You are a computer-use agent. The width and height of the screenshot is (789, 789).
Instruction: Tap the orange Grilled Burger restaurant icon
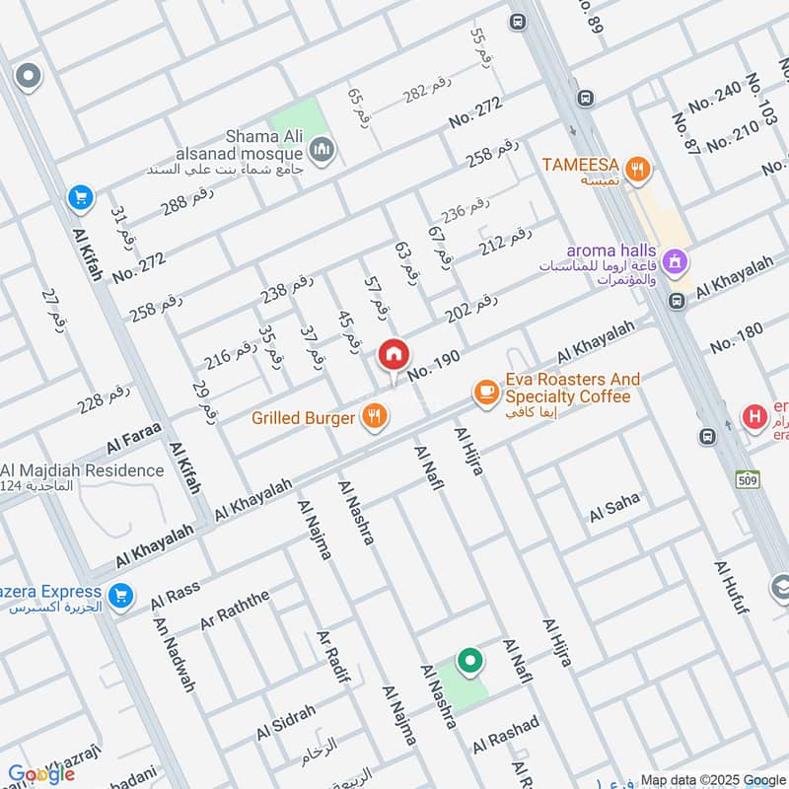pos(373,417)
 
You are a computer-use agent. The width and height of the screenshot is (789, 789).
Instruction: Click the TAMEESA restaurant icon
pos(639,170)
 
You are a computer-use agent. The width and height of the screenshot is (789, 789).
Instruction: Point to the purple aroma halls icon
pos(676,261)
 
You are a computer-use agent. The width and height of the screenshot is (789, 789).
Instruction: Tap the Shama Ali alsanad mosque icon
pos(321,150)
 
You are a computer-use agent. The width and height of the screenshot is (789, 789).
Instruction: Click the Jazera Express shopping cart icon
pos(121,595)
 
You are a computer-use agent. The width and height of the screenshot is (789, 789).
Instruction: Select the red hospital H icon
pos(754,417)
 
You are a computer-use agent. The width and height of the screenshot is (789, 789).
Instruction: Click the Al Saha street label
pos(614,510)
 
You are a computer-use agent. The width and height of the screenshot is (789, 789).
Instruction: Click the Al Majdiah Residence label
pos(83,470)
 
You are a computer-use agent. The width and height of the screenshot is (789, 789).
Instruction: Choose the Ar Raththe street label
pos(234,611)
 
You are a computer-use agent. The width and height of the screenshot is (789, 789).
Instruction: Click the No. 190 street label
pos(433,367)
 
